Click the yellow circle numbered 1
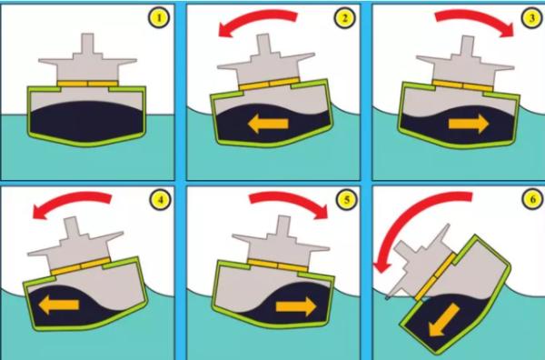159,18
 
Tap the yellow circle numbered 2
344,18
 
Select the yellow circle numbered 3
532,18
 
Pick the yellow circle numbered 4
160,199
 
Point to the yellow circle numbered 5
346,199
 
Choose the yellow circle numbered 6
533,199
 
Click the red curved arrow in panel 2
255,17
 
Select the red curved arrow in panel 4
70,199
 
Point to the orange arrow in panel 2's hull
268,124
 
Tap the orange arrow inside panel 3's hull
469,124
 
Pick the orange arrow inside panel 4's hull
59,305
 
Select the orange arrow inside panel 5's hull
296,306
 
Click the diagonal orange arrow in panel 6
444,320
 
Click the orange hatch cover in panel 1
87,84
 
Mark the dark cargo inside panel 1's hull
87,122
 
